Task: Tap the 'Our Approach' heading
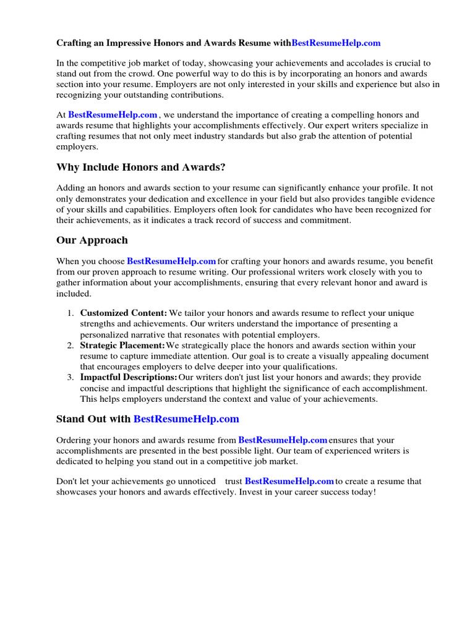click(92, 240)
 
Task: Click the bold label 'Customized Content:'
click(124, 313)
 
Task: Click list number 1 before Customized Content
click(71, 313)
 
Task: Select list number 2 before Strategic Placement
click(71, 346)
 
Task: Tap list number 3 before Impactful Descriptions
click(71, 377)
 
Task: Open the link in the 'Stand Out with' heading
click(186, 419)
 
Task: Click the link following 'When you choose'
click(171, 261)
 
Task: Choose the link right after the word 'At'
click(113, 115)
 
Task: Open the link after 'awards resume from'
click(283, 440)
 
